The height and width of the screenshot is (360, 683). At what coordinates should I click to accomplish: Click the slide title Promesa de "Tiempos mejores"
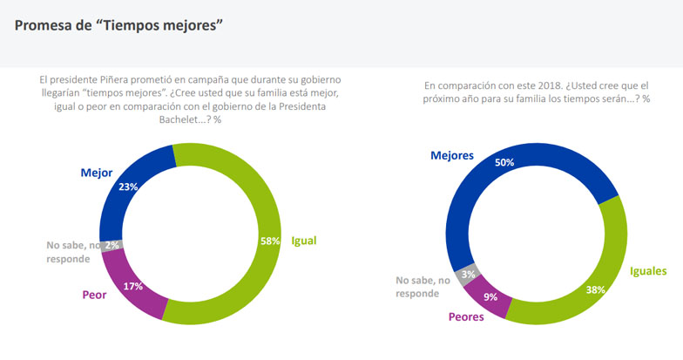(118, 25)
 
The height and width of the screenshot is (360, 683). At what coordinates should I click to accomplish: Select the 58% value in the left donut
(269, 241)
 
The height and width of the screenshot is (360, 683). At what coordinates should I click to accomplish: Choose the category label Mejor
(96, 173)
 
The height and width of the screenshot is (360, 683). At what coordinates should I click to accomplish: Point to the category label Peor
(94, 295)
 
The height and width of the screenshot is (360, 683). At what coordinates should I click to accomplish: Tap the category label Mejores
(452, 155)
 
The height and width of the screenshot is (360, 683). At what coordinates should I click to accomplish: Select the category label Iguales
(648, 271)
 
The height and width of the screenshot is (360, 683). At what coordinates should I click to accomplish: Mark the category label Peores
(466, 316)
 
